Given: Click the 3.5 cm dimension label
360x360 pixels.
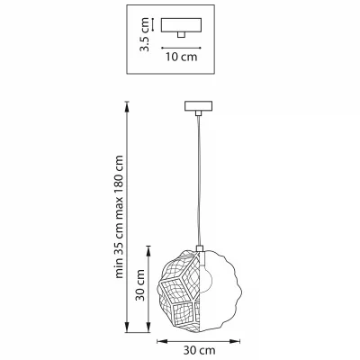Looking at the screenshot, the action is [x=145, y=34].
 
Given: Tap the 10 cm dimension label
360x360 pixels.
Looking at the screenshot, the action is [x=182, y=57].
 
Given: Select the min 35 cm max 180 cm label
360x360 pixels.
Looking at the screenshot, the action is [x=119, y=217].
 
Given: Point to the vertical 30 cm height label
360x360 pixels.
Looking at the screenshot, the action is [x=140, y=285].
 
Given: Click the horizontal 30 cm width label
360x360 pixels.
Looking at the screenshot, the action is [x=199, y=350].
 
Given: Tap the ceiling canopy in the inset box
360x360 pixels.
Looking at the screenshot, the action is [x=181, y=25].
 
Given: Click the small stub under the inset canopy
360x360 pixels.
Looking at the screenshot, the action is [x=181, y=35].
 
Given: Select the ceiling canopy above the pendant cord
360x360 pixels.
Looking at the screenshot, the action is [x=198, y=106].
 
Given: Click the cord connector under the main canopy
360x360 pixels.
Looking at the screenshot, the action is [x=198, y=113].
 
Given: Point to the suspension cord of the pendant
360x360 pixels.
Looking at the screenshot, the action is [x=199, y=181].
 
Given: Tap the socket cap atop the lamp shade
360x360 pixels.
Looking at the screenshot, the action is [x=200, y=248].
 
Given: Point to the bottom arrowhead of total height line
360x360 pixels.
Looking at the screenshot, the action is [x=127, y=327].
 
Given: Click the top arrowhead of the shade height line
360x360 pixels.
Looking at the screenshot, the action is [x=148, y=251].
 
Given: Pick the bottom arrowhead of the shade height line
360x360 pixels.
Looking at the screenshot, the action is [x=148, y=327].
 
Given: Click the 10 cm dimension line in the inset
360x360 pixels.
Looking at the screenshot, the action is [x=181, y=48].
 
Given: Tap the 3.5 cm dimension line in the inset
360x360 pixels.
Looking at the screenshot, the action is [x=153, y=25].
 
